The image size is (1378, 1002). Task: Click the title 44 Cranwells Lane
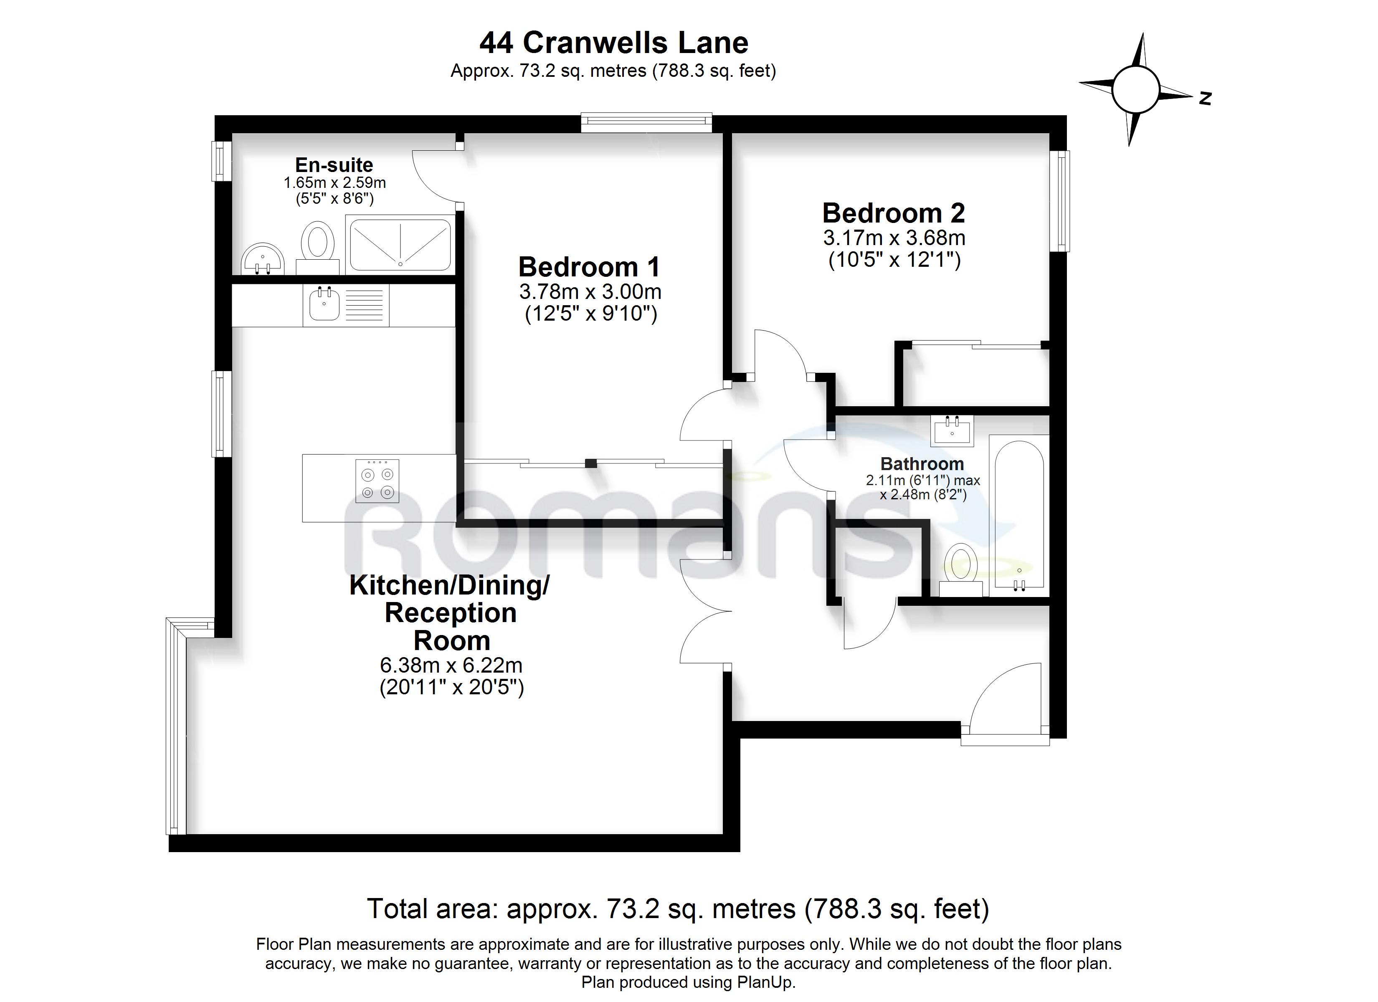click(x=614, y=43)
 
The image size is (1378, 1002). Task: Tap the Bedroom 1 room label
click(x=589, y=267)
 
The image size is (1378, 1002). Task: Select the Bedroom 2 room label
click(x=893, y=213)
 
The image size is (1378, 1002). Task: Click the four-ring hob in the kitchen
click(x=377, y=481)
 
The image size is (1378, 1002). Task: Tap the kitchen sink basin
click(x=324, y=304)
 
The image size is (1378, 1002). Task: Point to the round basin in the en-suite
click(x=263, y=259)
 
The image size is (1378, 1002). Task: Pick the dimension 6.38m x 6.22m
click(x=451, y=665)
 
